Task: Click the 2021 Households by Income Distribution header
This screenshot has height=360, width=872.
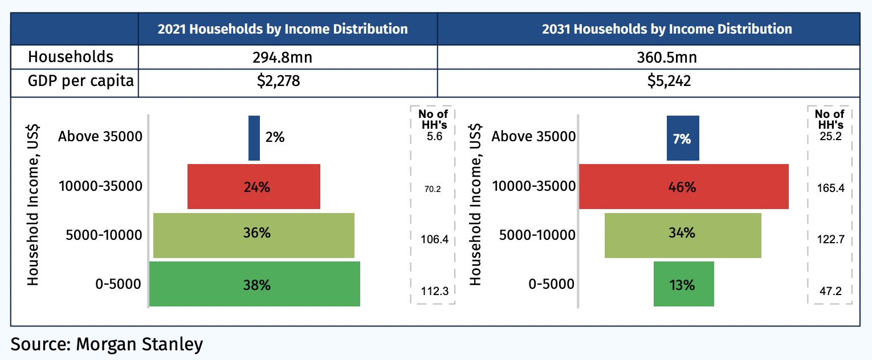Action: pos(283,29)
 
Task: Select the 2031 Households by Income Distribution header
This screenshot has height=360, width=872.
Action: pos(666,29)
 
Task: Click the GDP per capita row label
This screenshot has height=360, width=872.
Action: pos(80,81)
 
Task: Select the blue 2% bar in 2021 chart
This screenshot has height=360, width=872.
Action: pos(254,138)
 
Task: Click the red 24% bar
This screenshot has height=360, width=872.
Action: pos(254,187)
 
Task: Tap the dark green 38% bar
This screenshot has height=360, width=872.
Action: pos(254,284)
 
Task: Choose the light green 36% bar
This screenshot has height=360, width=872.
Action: pos(254,235)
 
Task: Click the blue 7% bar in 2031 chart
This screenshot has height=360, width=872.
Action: pos(683,138)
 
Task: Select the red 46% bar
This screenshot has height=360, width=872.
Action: pos(683,187)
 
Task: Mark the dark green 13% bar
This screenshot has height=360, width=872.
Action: pos(683,284)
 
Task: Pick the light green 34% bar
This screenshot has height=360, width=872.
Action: pos(683,235)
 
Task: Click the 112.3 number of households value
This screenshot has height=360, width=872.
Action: pos(434,292)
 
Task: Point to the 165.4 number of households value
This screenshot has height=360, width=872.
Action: pos(830,187)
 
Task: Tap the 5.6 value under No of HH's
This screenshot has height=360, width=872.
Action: pos(434,137)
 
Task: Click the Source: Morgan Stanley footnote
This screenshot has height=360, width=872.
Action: pos(107,345)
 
